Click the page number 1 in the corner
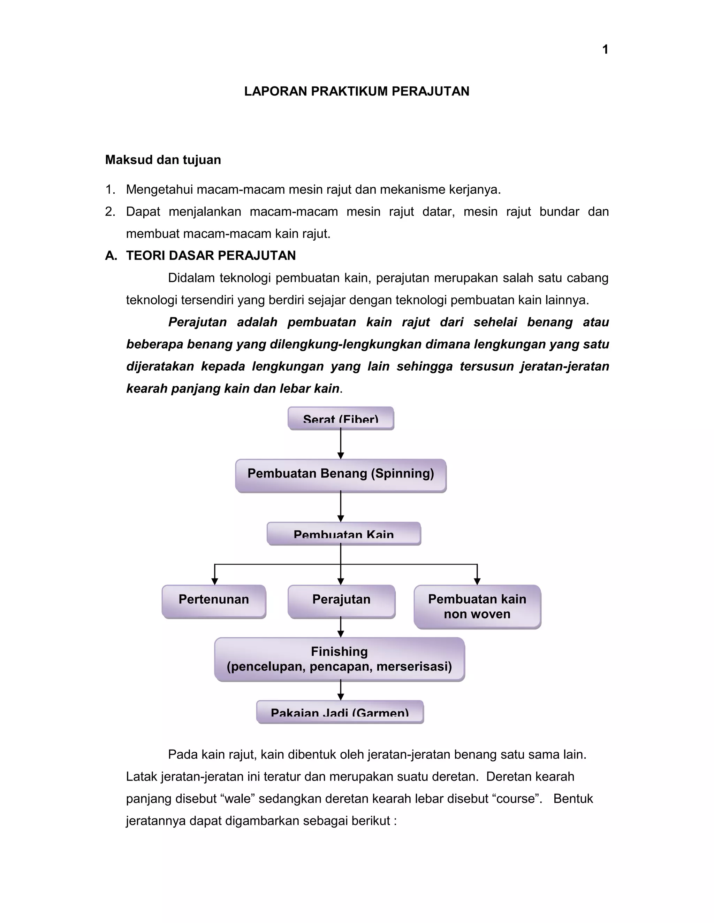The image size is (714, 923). click(605, 49)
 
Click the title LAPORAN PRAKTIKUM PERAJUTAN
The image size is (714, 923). click(357, 91)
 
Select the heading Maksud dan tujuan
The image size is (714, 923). click(163, 160)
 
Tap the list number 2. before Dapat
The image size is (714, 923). click(110, 212)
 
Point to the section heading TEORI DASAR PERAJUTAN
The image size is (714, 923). click(211, 256)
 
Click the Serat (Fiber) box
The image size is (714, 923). click(341, 418)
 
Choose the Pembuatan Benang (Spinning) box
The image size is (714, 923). click(341, 475)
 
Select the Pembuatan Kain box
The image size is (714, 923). click(343, 534)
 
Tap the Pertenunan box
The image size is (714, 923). click(214, 601)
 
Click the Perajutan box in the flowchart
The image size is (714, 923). click(341, 601)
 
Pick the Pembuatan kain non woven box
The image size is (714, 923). click(477, 606)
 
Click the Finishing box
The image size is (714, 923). click(339, 659)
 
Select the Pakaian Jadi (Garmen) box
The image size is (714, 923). click(340, 712)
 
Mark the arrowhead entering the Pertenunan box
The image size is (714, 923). click(215, 582)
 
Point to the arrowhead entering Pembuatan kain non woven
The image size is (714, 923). click(477, 582)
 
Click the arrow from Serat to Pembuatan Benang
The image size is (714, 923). click(341, 444)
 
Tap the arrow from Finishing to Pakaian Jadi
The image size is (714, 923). click(341, 691)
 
